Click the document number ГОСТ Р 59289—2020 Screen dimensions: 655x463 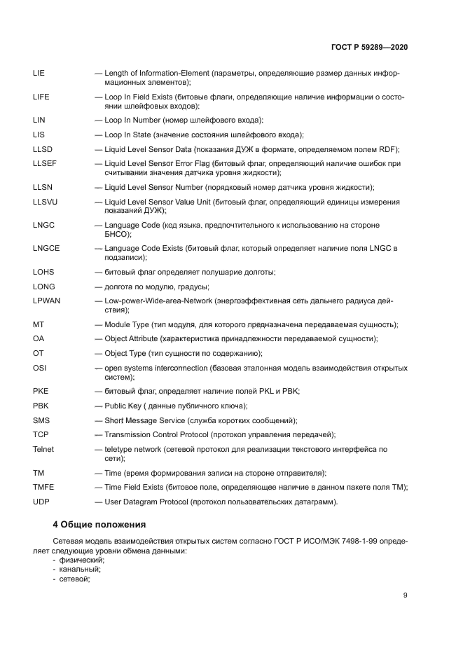click(x=369, y=47)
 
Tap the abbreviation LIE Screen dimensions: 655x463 click(x=39, y=74)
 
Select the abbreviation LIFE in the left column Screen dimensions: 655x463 click(x=41, y=97)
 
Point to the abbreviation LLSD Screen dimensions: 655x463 click(x=43, y=149)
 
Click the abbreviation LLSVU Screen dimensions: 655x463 click(x=46, y=202)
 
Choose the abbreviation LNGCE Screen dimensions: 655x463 click(x=46, y=249)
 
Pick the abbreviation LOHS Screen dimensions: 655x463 click(x=43, y=272)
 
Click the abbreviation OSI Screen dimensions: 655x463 click(x=39, y=368)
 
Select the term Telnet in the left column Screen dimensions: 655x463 click(x=43, y=449)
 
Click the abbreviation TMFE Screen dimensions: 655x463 click(x=43, y=488)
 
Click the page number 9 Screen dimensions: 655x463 click(x=405, y=596)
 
